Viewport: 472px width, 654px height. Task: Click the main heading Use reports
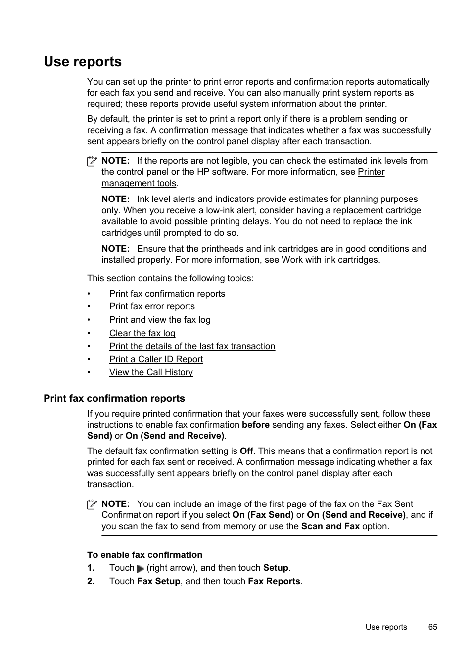click(x=83, y=62)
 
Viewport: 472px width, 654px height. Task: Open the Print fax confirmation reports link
click(x=167, y=294)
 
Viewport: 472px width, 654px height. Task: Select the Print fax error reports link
click(x=152, y=306)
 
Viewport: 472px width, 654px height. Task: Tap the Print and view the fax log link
click(x=160, y=320)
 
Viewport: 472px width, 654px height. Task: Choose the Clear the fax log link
click(x=142, y=333)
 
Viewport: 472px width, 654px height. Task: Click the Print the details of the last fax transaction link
click(x=192, y=346)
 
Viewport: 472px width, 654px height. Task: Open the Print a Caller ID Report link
click(x=156, y=359)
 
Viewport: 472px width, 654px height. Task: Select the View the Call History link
click(x=151, y=372)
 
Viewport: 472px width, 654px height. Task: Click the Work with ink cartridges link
click(x=330, y=260)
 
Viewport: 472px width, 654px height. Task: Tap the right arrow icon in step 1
click(x=141, y=569)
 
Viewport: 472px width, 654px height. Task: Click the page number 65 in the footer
click(x=432, y=627)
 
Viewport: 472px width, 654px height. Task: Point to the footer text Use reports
click(x=386, y=627)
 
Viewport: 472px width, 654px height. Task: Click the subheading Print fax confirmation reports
click(x=114, y=398)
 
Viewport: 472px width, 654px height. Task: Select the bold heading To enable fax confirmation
click(x=144, y=555)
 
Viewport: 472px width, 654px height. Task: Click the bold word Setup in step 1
click(x=276, y=568)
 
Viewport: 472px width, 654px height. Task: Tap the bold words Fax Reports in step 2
click(x=274, y=581)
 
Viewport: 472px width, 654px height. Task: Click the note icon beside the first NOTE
click(x=92, y=161)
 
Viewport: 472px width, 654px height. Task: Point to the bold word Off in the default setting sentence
click(x=246, y=451)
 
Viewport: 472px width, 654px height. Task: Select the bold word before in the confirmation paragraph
click(x=255, y=425)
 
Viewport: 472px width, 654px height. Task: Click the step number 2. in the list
click(x=91, y=581)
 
